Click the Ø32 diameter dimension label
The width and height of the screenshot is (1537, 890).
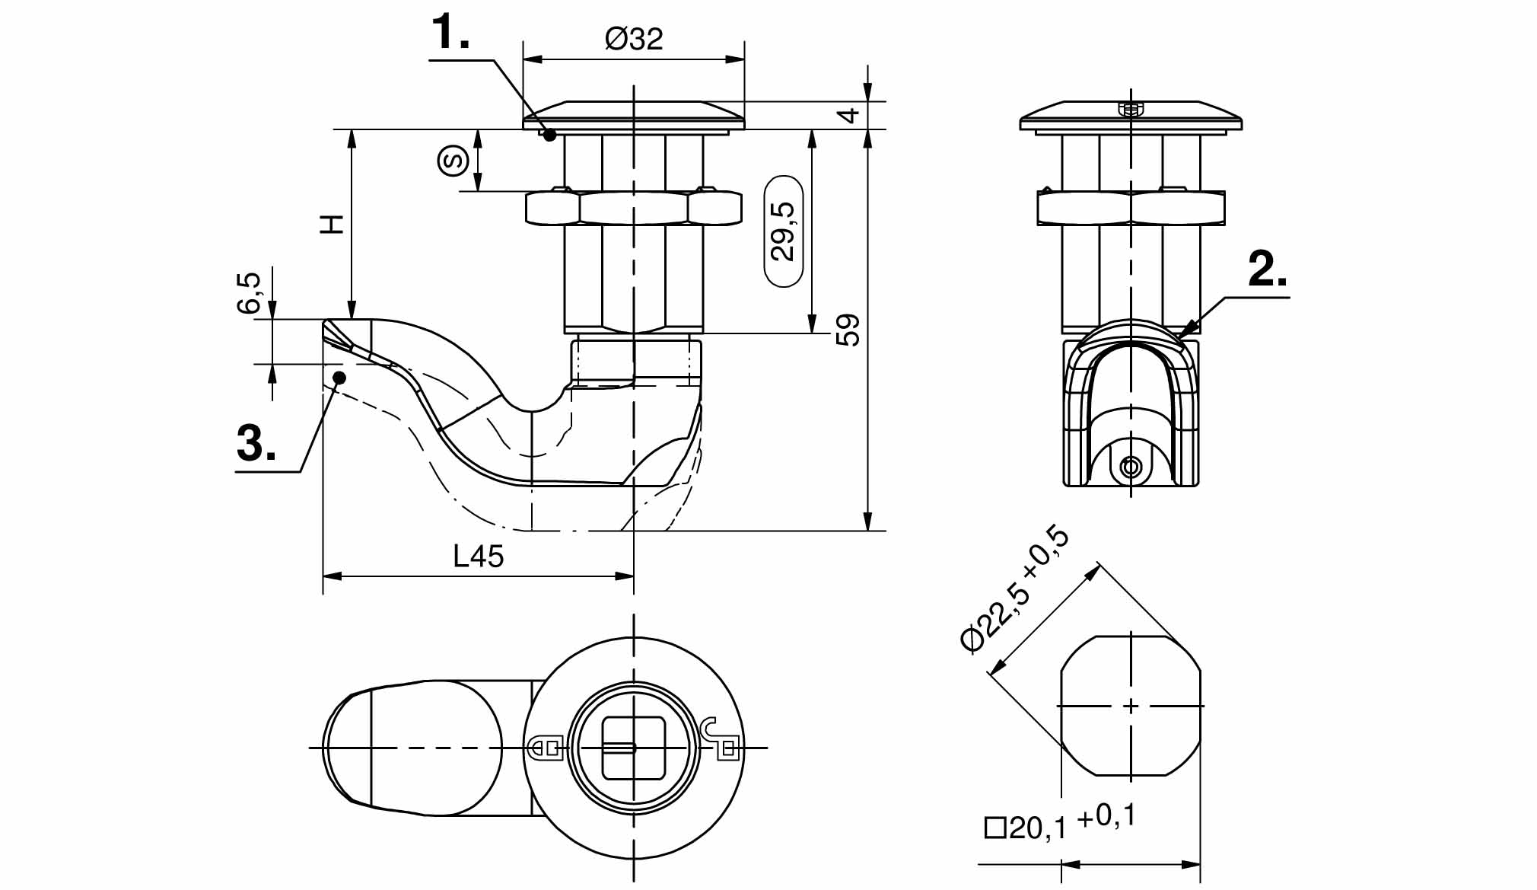tap(634, 38)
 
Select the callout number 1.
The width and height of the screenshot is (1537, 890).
tap(450, 34)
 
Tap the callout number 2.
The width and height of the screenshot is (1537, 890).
tap(1267, 270)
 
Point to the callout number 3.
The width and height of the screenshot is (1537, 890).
tap(256, 443)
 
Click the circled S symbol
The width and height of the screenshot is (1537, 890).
tap(453, 161)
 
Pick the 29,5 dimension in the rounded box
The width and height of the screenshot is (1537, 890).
tap(783, 231)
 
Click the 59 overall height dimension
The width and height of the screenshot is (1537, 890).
tap(848, 330)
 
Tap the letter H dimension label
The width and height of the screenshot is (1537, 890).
tap(333, 224)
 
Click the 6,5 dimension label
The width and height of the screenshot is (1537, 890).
tap(250, 293)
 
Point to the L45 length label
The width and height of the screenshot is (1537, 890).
tap(478, 557)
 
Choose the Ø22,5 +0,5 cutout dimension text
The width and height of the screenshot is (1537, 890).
tap(1015, 590)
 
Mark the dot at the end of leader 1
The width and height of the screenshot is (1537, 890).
tap(550, 135)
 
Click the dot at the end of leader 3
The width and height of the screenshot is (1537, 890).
tap(340, 377)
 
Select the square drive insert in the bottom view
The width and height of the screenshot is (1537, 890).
tap(633, 748)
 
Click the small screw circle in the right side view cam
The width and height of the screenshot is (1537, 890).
tap(1131, 467)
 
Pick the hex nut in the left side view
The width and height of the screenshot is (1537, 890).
tap(633, 208)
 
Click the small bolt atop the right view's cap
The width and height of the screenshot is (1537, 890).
tap(1131, 109)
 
